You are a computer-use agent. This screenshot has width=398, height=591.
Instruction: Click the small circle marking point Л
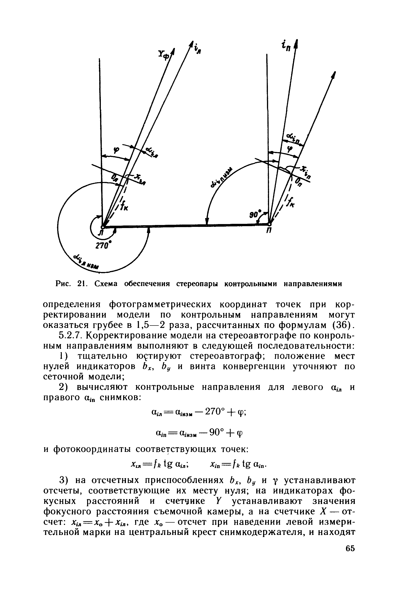tap(102, 227)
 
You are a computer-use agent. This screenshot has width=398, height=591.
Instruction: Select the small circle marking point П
tap(270, 224)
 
